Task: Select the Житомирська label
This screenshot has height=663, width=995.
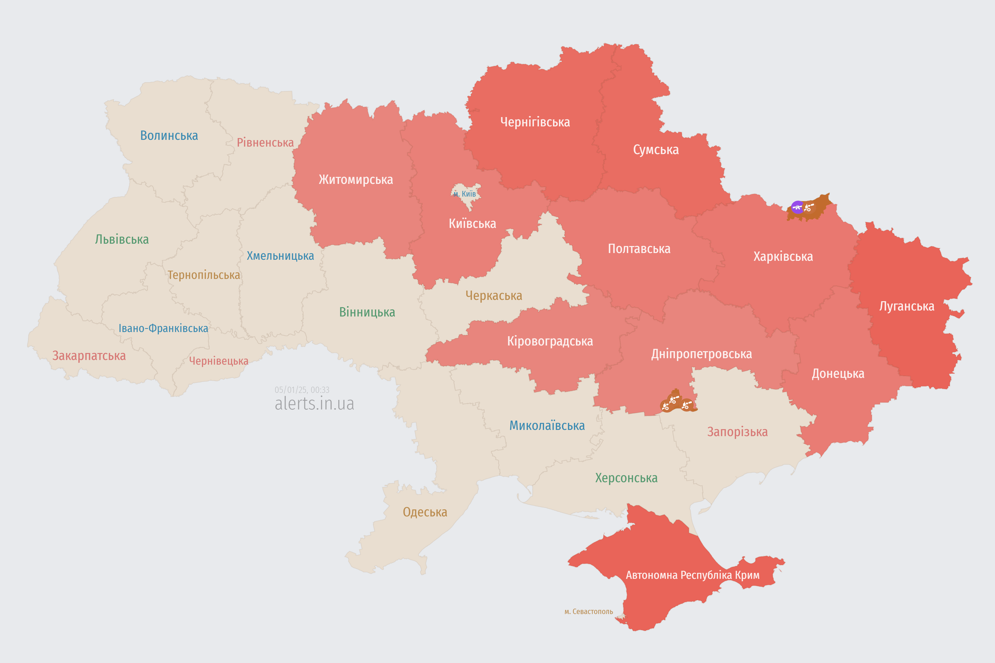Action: pos(356,180)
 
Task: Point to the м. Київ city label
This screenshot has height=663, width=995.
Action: pos(465,194)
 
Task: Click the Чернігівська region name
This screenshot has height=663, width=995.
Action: pos(535,122)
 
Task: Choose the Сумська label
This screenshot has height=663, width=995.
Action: pos(656,150)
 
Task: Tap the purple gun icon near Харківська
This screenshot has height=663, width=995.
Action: pos(797,207)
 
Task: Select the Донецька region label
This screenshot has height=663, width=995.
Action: pos(838,374)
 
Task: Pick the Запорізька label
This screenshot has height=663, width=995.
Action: pos(737,432)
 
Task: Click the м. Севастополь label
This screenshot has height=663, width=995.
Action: pos(588,611)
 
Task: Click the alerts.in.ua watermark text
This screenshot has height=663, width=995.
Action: pos(314,404)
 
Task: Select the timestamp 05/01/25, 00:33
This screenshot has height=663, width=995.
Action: pos(302,390)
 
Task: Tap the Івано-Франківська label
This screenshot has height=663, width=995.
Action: pos(163,329)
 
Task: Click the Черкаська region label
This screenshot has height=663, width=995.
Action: pos(494,296)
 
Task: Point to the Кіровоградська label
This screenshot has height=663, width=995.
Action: pos(550,341)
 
